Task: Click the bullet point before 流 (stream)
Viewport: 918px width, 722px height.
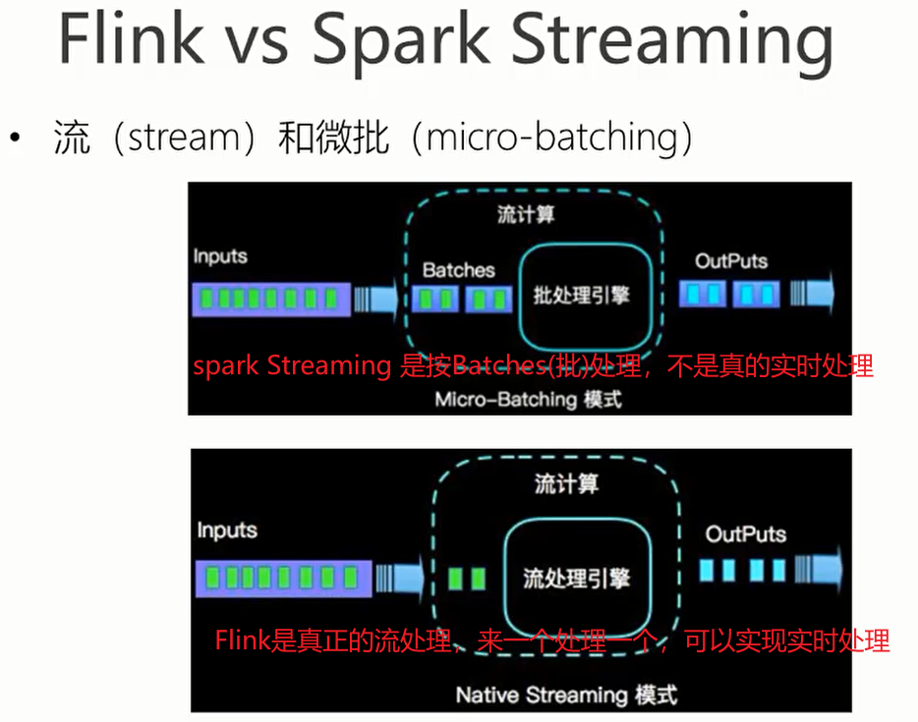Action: pos(15,139)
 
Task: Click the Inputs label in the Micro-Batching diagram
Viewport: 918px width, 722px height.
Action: pos(220,256)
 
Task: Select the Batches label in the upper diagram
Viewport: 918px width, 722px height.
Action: pos(459,269)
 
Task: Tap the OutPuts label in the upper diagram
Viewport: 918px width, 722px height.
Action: pos(731,261)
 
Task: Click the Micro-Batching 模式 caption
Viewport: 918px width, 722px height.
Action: pos(528,400)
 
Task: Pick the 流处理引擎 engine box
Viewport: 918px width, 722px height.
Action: pos(576,577)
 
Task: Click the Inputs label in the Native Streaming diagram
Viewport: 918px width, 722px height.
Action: pos(227,530)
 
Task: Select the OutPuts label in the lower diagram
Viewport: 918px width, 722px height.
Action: pos(746,534)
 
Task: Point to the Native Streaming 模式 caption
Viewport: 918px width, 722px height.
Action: pos(566,695)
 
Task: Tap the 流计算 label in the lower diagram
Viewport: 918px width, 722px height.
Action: pos(566,484)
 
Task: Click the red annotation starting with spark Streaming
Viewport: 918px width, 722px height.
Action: pos(533,366)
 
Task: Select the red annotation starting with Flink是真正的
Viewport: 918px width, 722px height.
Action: pos(552,641)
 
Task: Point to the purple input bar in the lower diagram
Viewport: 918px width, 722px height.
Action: pos(283,578)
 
